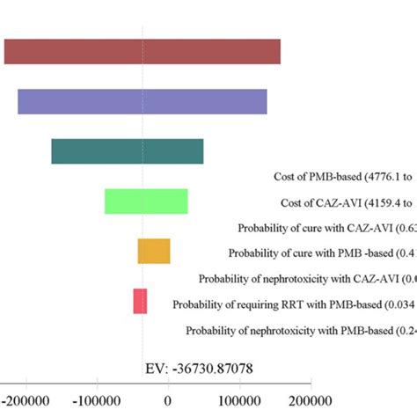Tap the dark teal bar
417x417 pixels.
[128, 151]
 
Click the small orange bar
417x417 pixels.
[154, 252]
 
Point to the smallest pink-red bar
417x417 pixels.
[140, 301]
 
